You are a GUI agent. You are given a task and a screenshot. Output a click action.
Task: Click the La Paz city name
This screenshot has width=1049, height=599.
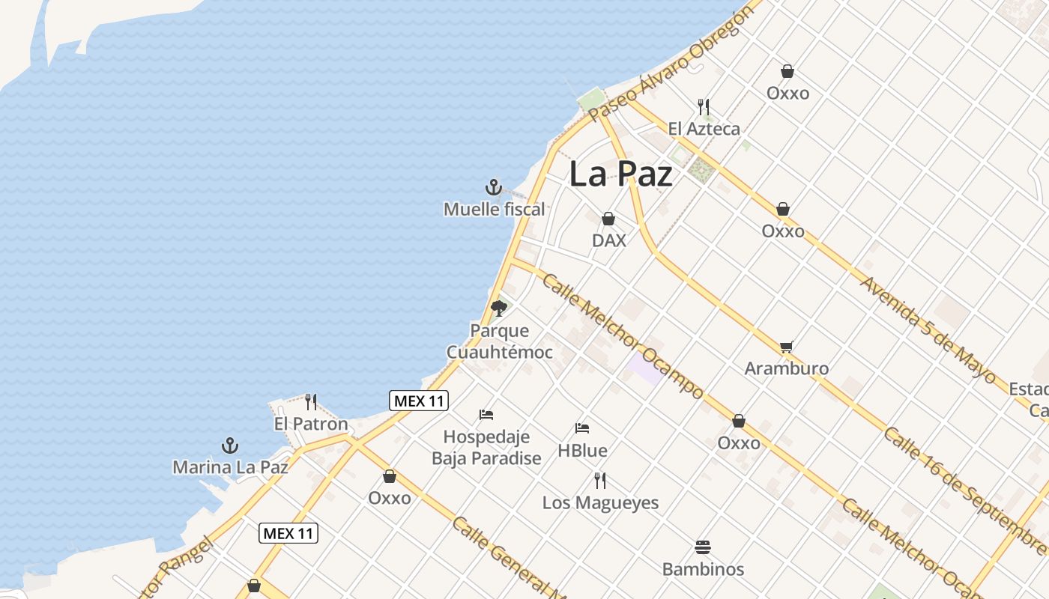tap(620, 174)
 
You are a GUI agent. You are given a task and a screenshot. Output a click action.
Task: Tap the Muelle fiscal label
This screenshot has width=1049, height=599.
tap(494, 210)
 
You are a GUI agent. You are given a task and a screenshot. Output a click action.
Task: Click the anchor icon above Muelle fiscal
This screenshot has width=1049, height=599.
tap(493, 186)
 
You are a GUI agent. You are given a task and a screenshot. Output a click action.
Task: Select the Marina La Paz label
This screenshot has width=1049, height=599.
tap(230, 467)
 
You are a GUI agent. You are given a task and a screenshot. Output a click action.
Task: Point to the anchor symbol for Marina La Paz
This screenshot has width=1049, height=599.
tap(230, 446)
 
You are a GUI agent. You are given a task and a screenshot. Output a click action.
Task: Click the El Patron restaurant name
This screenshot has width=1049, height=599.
tap(311, 424)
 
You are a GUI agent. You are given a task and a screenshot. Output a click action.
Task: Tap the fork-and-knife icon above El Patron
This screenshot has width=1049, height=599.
tap(311, 402)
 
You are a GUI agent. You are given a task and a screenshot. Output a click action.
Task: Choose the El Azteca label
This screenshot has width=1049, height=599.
tap(704, 129)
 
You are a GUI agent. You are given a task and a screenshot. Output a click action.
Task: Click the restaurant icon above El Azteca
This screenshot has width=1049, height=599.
tap(704, 107)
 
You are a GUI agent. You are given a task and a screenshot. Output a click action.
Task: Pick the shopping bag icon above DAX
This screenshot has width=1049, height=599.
tap(608, 219)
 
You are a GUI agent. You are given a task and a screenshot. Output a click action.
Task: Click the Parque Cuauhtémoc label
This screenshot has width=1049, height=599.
tap(500, 341)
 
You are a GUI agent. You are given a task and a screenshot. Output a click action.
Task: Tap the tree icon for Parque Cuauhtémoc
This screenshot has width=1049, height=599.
tap(499, 308)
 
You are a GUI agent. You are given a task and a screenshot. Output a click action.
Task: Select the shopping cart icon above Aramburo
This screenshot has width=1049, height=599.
tap(786, 347)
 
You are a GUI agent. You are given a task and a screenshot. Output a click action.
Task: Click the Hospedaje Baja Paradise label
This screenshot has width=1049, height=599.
tap(486, 447)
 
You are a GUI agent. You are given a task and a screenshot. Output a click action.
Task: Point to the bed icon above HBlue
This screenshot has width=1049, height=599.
tap(582, 428)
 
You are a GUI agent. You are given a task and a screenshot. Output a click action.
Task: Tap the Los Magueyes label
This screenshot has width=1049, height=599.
tap(600, 502)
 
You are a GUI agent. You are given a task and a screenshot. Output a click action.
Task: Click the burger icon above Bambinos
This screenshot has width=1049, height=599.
tap(703, 547)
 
